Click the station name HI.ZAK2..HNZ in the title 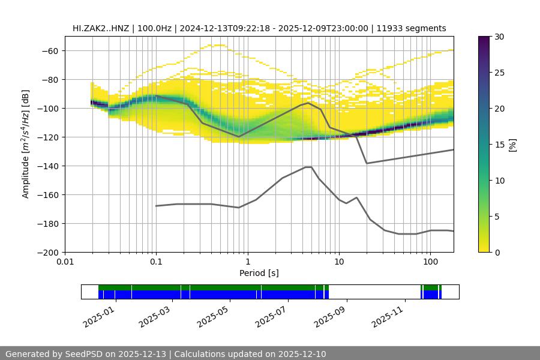click(x=100, y=28)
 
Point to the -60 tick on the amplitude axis click(x=49, y=50)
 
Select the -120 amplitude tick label click(x=46, y=137)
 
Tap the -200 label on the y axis click(x=46, y=252)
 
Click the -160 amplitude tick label click(x=46, y=194)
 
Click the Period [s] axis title click(x=259, y=273)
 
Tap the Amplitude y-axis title click(x=26, y=144)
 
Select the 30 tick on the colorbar click(x=499, y=37)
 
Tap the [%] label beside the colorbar click(x=512, y=145)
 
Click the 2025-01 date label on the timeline click(x=98, y=316)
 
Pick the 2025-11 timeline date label click(x=388, y=316)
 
